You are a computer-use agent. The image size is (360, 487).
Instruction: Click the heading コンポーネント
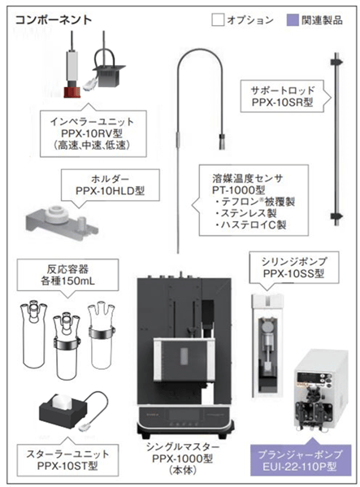pos(54,20)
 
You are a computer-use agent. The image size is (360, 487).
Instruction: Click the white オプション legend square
pos(218,20)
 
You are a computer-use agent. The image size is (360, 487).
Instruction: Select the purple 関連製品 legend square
pos(293,20)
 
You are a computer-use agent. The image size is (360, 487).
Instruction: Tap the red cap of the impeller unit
pos(72,92)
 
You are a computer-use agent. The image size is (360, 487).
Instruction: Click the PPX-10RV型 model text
pos(92,133)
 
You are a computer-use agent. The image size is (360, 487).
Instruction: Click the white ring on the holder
pos(56,214)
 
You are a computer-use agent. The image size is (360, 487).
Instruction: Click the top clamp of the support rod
pos(336,62)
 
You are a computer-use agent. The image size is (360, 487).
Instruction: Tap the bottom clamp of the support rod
pos(336,216)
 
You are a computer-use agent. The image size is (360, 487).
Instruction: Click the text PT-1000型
pos(238,189)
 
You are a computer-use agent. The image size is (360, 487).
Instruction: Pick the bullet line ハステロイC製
pos(250,224)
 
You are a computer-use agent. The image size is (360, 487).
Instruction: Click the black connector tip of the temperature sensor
pos(222,141)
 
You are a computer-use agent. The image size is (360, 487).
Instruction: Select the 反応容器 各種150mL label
pos(67,275)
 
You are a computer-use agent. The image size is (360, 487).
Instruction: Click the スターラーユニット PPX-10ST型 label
pos(67,460)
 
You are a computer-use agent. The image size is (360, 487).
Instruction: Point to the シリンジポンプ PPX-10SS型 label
pos(294,268)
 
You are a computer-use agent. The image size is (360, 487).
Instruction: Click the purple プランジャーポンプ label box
pos(301,459)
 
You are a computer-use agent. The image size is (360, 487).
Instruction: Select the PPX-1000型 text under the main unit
pos(183,459)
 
